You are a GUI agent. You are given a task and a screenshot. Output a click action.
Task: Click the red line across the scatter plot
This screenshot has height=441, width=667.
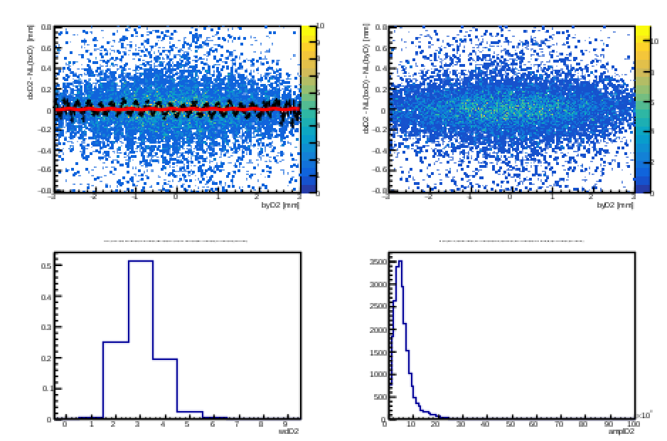178,109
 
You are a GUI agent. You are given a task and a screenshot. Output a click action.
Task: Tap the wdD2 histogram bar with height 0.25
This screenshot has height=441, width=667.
115,380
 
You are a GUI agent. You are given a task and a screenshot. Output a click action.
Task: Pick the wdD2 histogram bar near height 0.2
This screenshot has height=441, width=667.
165,388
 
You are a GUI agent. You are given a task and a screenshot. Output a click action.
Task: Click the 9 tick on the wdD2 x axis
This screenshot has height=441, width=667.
287,425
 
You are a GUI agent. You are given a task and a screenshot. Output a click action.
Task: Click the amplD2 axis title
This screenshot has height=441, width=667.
620,432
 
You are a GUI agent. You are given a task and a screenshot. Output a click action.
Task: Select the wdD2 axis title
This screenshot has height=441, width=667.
287,432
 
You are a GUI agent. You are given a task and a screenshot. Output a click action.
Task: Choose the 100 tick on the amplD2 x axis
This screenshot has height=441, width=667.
632,425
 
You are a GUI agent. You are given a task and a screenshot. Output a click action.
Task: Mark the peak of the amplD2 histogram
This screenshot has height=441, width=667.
400,262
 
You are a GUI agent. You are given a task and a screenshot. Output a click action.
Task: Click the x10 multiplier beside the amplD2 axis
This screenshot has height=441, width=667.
644,414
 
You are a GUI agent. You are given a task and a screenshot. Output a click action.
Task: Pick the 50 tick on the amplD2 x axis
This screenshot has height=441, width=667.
509,425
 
